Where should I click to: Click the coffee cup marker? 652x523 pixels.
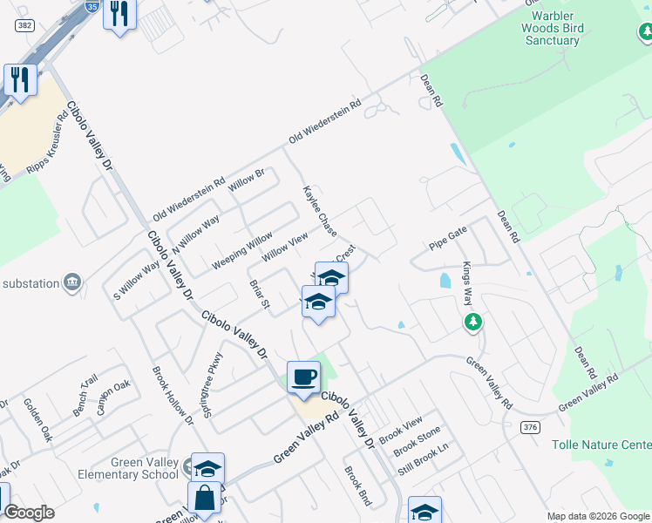pyautogui.click(x=303, y=377)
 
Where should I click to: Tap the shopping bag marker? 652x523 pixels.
pyautogui.click(x=204, y=499)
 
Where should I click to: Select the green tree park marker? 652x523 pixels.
pyautogui.click(x=473, y=323)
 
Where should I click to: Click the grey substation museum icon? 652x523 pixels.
pyautogui.click(x=72, y=282)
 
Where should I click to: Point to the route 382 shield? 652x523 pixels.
pyautogui.click(x=25, y=27)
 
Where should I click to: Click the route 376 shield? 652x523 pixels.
pyautogui.click(x=530, y=427)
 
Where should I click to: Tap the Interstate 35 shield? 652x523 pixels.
pyautogui.click(x=92, y=5)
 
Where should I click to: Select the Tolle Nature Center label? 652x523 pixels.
pyautogui.click(x=601, y=445)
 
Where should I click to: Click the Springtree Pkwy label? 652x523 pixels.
pyautogui.click(x=214, y=384)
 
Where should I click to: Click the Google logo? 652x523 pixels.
pyautogui.click(x=29, y=513)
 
